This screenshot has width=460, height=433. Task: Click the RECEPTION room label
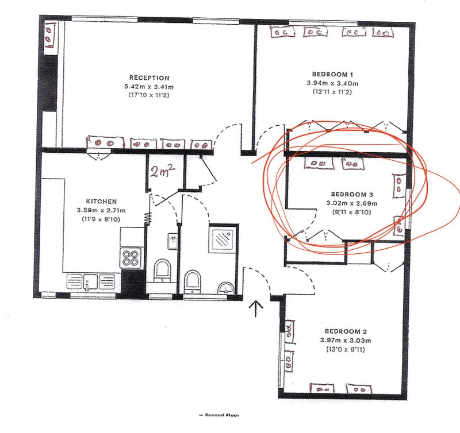[149, 78]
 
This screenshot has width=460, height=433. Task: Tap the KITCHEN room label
[101, 201]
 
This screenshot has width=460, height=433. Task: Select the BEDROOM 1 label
[332, 74]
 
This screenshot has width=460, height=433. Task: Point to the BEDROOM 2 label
[346, 331]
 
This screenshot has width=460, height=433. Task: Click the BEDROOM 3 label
[352, 194]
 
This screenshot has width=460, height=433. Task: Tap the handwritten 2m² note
[163, 171]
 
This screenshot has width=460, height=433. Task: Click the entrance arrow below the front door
[256, 308]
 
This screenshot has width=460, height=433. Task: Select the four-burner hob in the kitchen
[131, 258]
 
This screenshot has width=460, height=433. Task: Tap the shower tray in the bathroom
[223, 238]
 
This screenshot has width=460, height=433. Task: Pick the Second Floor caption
[219, 415]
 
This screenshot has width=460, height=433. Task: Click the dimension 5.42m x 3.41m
[149, 87]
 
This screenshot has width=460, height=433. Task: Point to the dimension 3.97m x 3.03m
[346, 341]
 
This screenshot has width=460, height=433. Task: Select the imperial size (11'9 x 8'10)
[101, 219]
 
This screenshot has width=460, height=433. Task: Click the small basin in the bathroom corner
[226, 287]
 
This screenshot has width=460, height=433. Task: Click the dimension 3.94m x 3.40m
[332, 83]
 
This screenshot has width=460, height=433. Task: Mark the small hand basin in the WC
[172, 241]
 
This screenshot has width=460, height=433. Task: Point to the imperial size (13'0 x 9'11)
[346, 349]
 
